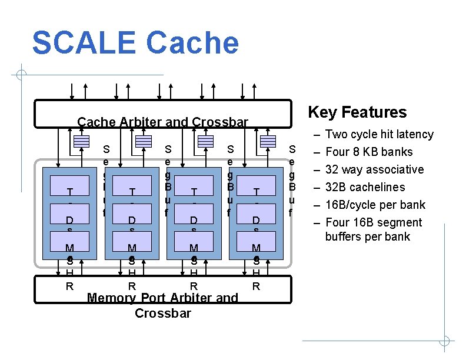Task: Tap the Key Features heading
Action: pyautogui.click(x=357, y=112)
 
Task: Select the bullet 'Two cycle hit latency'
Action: pyautogui.click(x=379, y=134)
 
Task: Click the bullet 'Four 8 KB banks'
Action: pyautogui.click(x=369, y=152)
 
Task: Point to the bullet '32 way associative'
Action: pyautogui.click(x=374, y=169)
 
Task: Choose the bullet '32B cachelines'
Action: pyautogui.click(x=365, y=187)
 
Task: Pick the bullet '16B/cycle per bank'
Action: pyautogui.click(x=375, y=205)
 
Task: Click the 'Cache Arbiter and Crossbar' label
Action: pyautogui.click(x=163, y=122)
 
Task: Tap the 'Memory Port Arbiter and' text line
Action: pyautogui.click(x=162, y=298)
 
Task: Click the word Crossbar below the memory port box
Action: pyautogui.click(x=163, y=313)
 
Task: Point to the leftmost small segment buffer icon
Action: pyautogui.click(x=81, y=141)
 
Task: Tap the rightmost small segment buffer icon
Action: pyautogui.click(x=268, y=141)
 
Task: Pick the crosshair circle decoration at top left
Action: pyautogui.click(x=21, y=75)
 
